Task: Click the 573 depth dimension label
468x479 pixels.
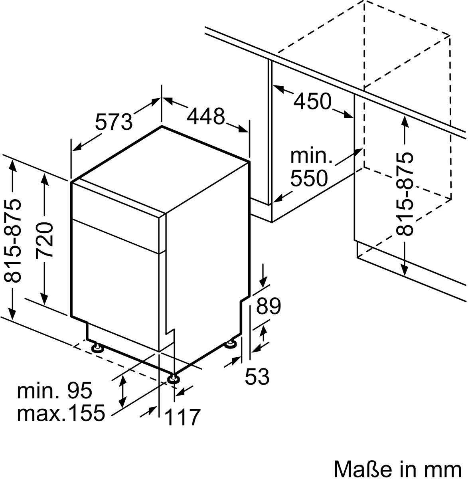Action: coord(114,122)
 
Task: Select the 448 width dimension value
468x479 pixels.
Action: coord(206,116)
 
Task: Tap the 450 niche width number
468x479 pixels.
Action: coord(312,101)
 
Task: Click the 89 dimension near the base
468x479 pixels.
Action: coord(269,306)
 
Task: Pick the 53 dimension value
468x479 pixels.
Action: coord(257,376)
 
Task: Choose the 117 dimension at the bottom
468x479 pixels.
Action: coord(182,417)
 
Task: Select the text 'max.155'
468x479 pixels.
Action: coord(61,413)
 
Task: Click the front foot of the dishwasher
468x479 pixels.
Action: coord(173,378)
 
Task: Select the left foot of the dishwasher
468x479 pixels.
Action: coord(97,348)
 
